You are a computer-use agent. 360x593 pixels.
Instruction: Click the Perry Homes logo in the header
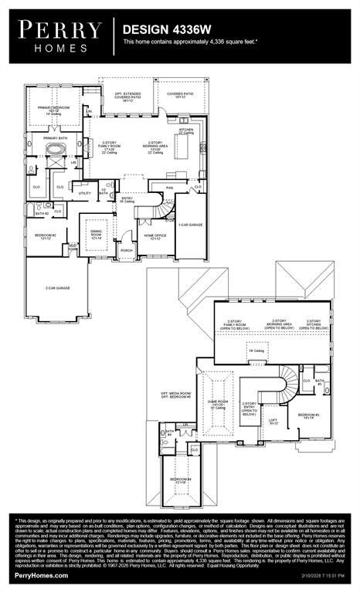point(60,35)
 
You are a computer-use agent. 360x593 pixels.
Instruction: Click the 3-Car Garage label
point(57,288)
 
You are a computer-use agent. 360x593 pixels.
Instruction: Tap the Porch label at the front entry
point(127,249)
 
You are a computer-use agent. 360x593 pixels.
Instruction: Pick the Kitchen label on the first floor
point(187,109)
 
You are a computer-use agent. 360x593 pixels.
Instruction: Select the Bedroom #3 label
point(309,416)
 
